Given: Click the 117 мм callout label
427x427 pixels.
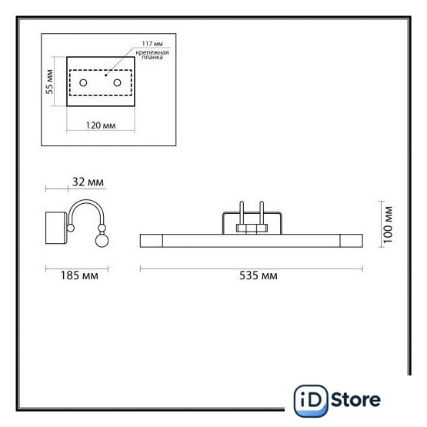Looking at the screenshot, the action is pos(152,44).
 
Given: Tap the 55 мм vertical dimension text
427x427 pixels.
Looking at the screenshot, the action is pos(49,82).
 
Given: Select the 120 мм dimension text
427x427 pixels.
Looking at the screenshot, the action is pos(101,125).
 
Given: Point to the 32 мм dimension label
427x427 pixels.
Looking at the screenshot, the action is pos(88,182).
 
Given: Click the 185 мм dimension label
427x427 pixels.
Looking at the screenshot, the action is pos(79,275).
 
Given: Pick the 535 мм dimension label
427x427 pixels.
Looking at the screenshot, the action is pos(259,275).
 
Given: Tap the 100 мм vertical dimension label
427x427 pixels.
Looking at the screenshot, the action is pos(388,225).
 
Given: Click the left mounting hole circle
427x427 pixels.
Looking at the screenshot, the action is pos(83,82).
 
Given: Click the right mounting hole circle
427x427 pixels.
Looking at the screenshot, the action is pos(118,82).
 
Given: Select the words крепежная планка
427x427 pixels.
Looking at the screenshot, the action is pos(152,55).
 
